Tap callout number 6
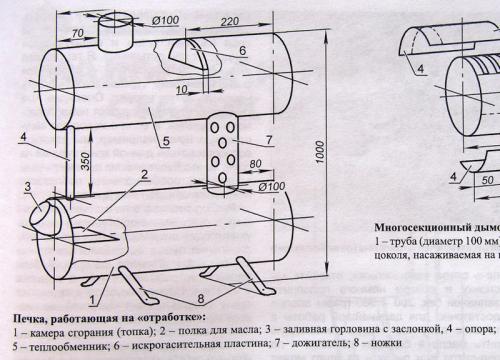tap(241, 50)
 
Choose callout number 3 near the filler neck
tap(28, 187)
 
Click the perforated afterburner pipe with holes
tap(222, 155)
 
